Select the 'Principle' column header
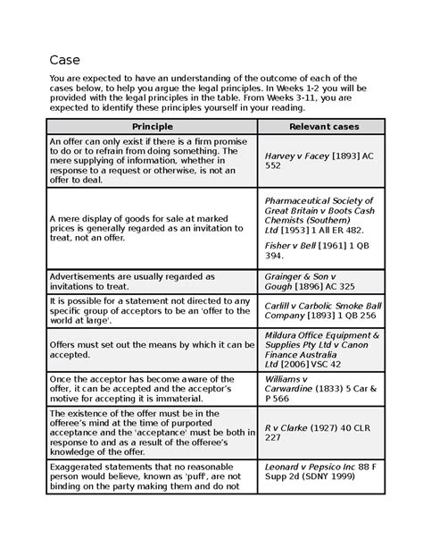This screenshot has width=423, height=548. pos(151,126)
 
